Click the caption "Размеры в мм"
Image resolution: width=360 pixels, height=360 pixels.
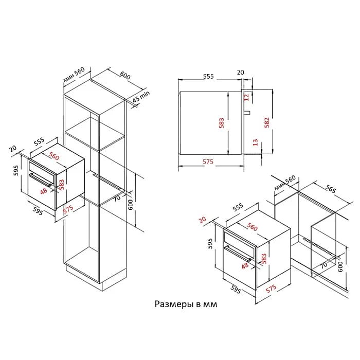click(186, 304)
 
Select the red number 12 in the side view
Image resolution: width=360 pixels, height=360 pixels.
click(246, 97)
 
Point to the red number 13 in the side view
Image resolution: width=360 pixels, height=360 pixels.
click(255, 142)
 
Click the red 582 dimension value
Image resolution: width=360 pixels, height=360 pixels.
click(266, 122)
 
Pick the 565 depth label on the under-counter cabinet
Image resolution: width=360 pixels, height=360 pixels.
click(331, 190)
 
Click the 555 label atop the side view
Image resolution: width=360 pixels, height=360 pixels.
click(208, 76)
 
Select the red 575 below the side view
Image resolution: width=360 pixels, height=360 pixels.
click(208, 161)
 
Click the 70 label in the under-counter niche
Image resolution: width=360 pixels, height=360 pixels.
click(323, 266)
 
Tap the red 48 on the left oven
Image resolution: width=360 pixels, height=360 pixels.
click(43, 191)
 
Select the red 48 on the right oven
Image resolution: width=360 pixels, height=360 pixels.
click(245, 265)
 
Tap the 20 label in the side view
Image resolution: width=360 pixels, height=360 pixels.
click(240, 73)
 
